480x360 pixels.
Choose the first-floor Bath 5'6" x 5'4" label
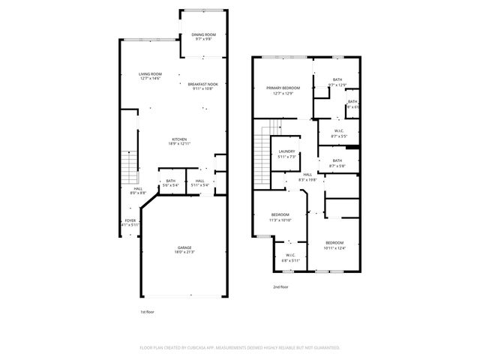coord(171,182)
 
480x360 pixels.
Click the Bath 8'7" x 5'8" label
coord(337,163)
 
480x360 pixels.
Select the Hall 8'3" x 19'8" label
coord(307,177)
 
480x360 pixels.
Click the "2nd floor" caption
coord(280,286)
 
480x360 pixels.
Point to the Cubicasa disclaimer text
coord(240,347)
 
